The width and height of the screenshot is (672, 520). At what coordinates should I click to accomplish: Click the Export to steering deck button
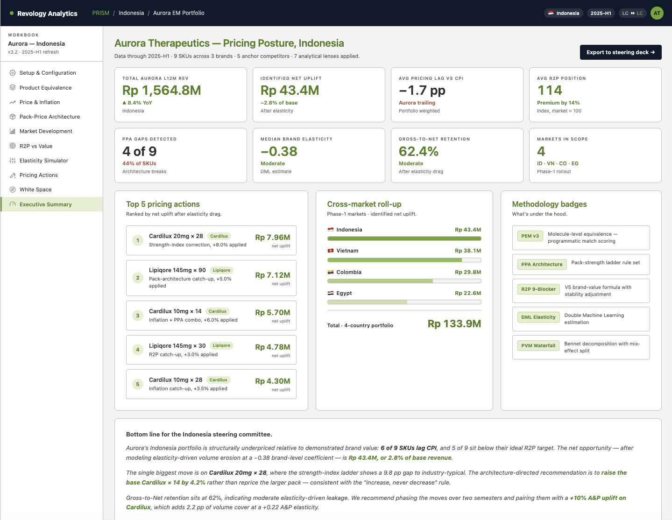620,52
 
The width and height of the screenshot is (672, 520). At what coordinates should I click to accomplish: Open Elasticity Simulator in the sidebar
43,161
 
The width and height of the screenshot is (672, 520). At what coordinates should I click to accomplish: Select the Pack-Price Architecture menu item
50,117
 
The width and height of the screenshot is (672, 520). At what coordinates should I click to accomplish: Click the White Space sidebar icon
12,190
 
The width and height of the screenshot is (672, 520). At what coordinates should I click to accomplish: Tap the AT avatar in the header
657,13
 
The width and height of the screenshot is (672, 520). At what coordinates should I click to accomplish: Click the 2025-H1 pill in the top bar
601,13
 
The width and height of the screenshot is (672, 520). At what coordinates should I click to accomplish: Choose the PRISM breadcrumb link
100,13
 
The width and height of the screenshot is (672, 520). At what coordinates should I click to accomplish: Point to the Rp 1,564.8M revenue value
162,90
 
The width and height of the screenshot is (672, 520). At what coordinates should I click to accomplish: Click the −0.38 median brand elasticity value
279,151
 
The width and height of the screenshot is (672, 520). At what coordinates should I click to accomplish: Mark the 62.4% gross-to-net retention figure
418,151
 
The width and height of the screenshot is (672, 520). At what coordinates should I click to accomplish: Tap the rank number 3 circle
138,316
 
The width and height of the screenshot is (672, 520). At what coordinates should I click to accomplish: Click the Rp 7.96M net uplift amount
272,237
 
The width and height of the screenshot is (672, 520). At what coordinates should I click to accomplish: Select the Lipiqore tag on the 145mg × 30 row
221,345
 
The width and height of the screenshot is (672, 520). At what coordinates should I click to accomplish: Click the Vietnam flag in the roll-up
330,251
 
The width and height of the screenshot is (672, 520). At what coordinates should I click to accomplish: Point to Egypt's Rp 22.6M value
467,293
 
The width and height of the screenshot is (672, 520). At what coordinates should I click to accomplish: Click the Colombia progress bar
404,281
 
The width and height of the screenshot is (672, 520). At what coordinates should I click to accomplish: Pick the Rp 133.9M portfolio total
454,323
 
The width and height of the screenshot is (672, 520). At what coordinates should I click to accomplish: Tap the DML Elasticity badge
538,317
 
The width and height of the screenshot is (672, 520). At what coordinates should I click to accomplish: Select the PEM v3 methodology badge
530,236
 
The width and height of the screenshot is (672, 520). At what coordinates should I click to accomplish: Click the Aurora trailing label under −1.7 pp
417,103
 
